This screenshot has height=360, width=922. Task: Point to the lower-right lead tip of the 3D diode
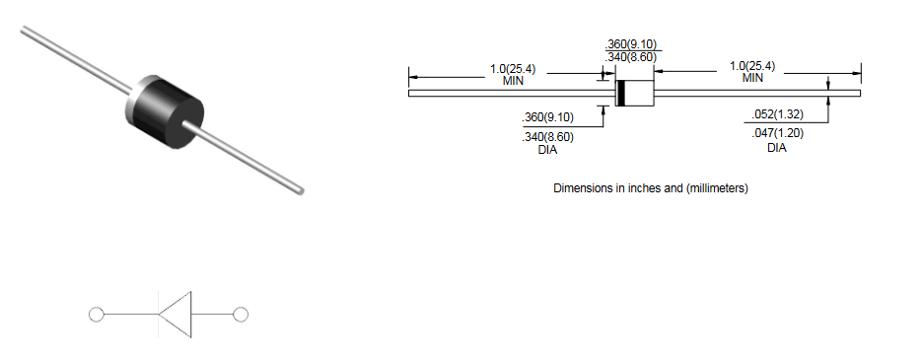click(x=301, y=190)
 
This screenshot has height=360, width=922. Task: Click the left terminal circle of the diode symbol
click(x=96, y=315)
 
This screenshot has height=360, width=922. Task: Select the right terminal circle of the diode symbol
click(x=241, y=315)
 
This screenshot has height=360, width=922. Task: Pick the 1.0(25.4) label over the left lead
click(x=513, y=69)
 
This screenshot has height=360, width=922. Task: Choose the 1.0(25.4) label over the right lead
click(x=752, y=66)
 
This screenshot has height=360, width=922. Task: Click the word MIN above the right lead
click(x=752, y=78)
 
